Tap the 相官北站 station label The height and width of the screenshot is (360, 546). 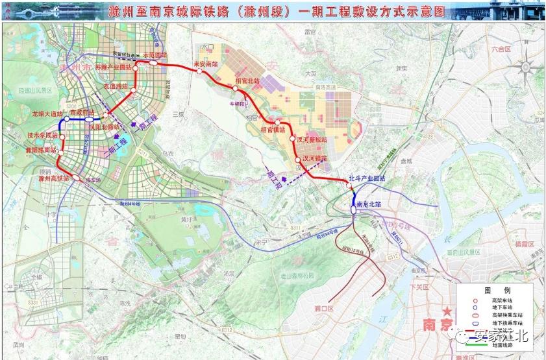coord(247,81)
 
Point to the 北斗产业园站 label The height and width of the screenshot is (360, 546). coord(367,178)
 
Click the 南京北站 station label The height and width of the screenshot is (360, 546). coord(369,204)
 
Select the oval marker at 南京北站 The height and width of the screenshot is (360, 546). coord(353,210)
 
